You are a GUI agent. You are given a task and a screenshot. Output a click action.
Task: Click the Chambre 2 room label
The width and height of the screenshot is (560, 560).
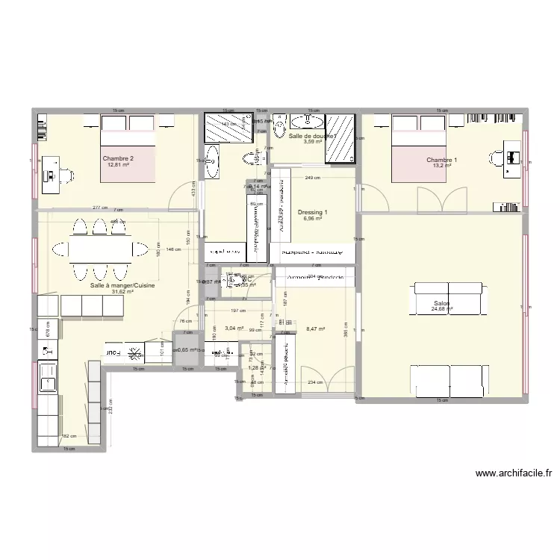[119, 158]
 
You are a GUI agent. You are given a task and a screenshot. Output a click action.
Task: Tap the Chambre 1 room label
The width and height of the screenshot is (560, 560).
[442, 161]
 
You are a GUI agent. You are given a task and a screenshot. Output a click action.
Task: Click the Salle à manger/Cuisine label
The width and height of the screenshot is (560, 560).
[112, 285]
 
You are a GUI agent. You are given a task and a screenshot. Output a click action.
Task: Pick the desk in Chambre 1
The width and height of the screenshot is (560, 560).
[512, 158]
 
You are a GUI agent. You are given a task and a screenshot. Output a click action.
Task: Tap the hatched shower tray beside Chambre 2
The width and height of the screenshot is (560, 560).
[228, 128]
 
